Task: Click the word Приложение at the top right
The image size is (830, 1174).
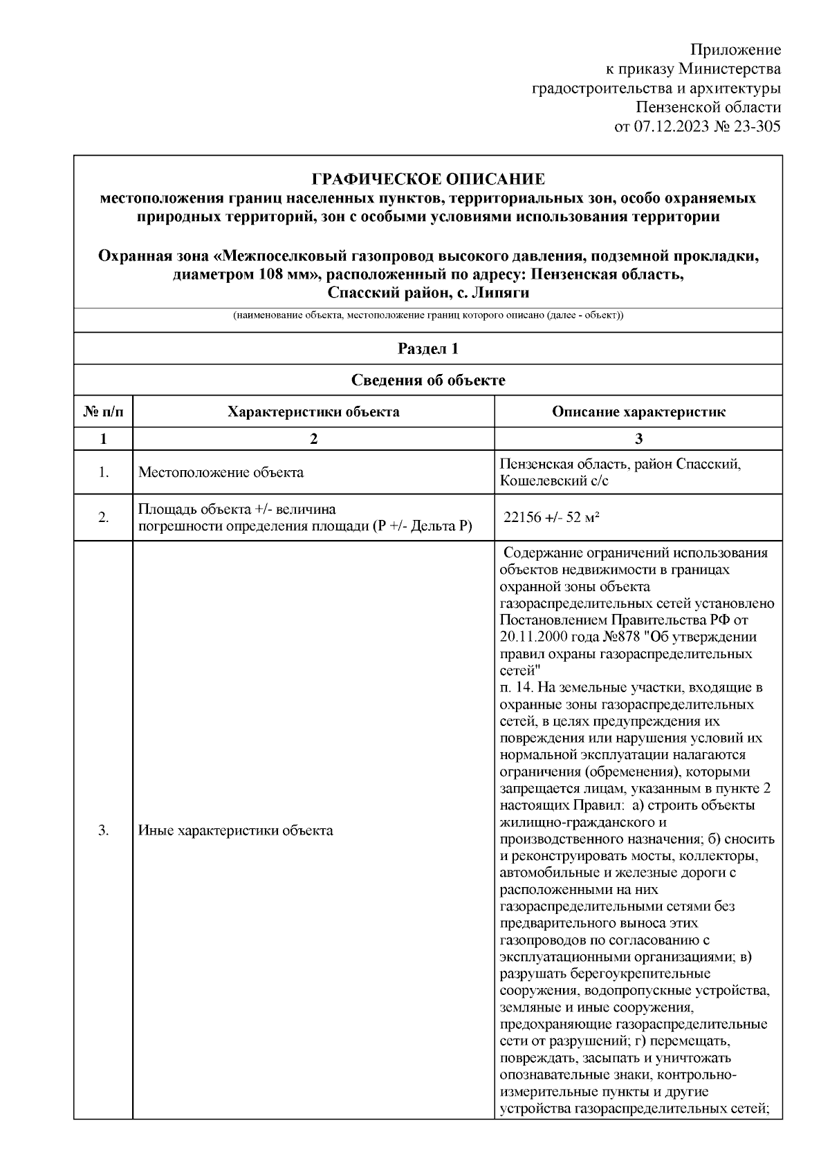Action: coord(736,50)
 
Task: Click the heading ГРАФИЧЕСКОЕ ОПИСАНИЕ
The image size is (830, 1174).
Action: coord(428,180)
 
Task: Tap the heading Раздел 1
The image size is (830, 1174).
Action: coord(428,348)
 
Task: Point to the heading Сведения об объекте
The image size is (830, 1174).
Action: coord(428,380)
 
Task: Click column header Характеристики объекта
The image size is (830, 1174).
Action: coord(313,412)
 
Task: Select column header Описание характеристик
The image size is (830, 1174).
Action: coord(638,412)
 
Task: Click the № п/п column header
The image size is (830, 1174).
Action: coord(103,412)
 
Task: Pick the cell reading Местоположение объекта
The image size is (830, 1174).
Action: coord(221,473)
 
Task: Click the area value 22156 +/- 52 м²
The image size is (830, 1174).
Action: coord(551,517)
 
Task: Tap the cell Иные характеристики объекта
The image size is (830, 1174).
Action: coord(236,830)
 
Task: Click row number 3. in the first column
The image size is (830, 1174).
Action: coord(103,830)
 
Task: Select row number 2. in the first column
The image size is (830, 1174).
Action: coord(103,517)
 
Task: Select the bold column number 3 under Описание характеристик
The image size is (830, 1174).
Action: coord(638,439)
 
